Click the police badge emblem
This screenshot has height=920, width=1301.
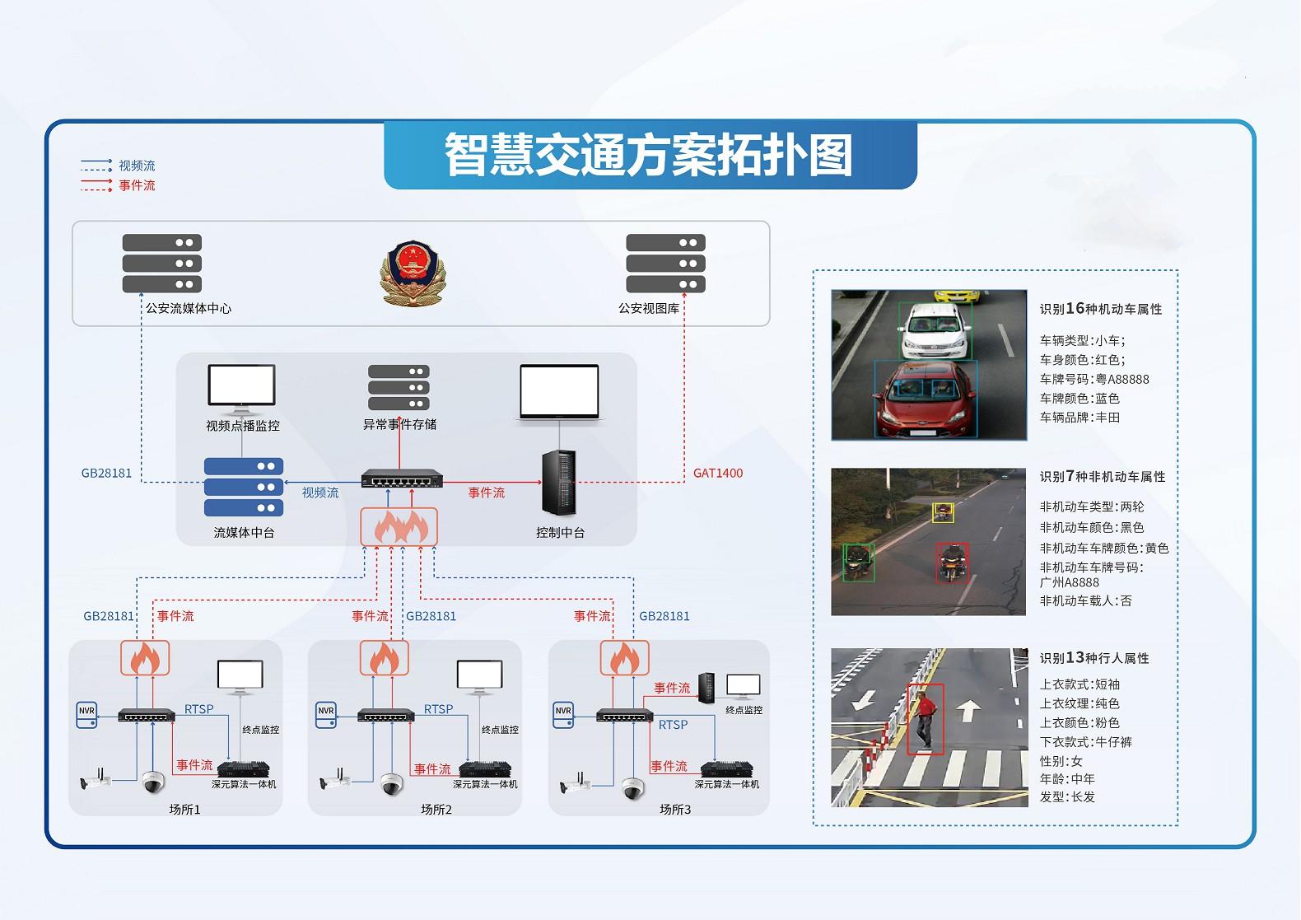point(413,273)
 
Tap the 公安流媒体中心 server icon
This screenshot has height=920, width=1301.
point(162,264)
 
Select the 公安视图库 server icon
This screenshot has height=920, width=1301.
point(665,264)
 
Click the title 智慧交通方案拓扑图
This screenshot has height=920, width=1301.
point(650,155)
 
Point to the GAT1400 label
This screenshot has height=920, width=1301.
point(718,473)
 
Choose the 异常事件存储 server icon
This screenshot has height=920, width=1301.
point(399,387)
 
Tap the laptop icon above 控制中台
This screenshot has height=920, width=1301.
point(559,393)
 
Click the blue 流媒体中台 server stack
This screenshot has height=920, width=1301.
point(244,487)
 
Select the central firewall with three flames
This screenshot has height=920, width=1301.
point(399,526)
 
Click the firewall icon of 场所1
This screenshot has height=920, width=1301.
point(145,658)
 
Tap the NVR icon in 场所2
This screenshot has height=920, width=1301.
point(326,715)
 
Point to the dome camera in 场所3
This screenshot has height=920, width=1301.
point(632,788)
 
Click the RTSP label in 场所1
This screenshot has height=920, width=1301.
point(198,709)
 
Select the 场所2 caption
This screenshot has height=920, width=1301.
point(436,810)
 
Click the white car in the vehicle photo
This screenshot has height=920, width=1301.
point(935,329)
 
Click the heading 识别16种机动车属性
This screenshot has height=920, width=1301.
point(1100,309)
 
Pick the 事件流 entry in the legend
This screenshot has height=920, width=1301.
point(137,185)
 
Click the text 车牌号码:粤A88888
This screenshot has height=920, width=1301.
point(1094,379)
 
